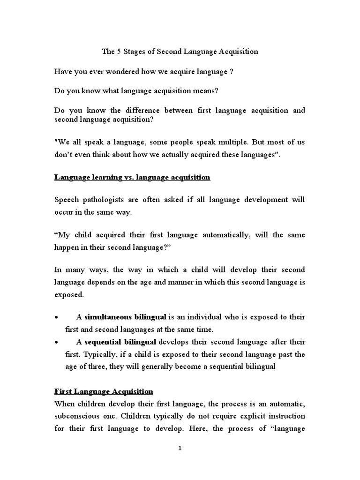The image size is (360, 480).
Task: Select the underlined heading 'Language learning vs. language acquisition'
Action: (132, 177)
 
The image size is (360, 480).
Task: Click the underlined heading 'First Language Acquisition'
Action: (104, 391)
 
